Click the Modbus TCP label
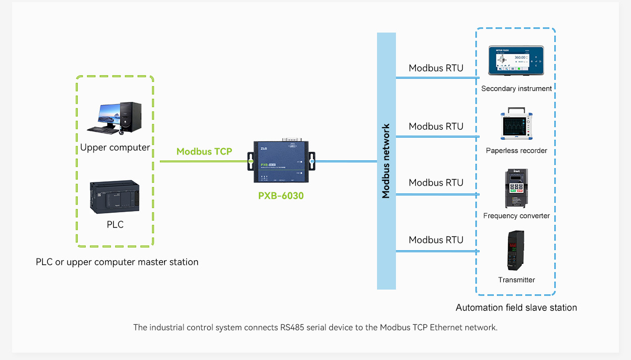pos(204,151)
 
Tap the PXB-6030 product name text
pos(281,196)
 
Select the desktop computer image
pos(115,117)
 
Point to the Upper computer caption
pos(115,148)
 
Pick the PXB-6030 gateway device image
pos(281,160)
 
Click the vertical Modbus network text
pos(386,161)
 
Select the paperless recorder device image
pos(516,125)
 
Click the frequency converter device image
pos(516,188)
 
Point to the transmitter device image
pos(516,251)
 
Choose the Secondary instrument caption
pos(516,89)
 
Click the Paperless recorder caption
pos(516,151)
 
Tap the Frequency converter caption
pos(516,216)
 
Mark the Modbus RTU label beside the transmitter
pos(436,240)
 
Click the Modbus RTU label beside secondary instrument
pos(436,68)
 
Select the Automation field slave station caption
pos(516,308)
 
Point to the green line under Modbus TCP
pos(204,161)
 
